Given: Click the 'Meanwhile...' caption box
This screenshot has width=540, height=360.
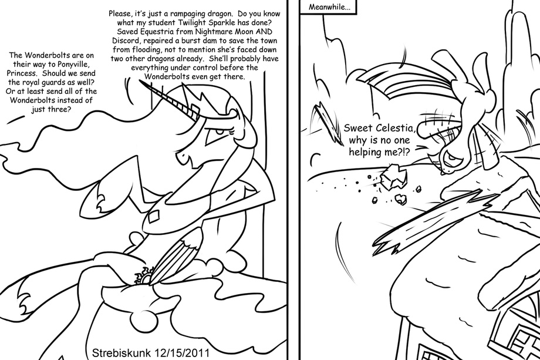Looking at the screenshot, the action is pos(329,6).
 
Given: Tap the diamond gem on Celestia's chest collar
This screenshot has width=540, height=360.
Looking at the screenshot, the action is pos(152,218).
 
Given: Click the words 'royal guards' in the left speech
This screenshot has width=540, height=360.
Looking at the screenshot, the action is pos(43,82).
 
